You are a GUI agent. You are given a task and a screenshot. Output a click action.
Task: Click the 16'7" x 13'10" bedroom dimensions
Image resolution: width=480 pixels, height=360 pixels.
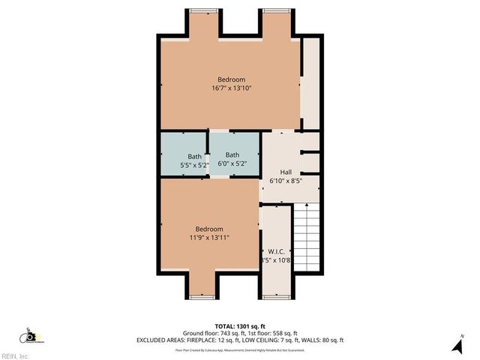click(x=231, y=88)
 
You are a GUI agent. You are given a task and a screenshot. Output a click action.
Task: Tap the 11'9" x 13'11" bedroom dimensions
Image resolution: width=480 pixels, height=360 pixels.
click(x=209, y=238)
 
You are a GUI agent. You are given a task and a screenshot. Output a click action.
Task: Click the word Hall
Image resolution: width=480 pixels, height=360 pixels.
click(x=285, y=172)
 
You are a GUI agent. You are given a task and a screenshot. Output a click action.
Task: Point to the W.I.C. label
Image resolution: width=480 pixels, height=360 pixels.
click(x=274, y=252)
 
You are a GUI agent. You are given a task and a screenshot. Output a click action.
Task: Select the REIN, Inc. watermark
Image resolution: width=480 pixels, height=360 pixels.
click(x=15, y=355)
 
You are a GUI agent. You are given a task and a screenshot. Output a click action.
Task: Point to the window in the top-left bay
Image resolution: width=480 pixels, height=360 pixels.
click(x=203, y=10)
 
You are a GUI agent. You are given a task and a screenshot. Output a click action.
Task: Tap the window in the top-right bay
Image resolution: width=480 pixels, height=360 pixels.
click(x=274, y=10)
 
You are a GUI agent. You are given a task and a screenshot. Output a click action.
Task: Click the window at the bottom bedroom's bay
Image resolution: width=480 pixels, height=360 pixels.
click(x=202, y=297)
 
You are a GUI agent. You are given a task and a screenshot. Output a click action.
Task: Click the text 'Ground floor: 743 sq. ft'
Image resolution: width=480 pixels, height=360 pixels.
click(x=209, y=333)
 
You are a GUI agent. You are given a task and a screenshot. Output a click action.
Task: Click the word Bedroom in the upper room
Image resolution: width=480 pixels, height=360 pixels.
click(x=231, y=79)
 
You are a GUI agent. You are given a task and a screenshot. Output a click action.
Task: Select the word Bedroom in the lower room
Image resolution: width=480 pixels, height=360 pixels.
click(x=209, y=229)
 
